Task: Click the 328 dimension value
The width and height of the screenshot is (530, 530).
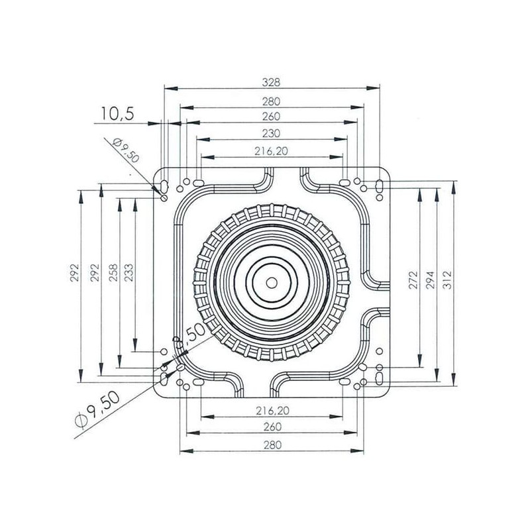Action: pyautogui.click(x=271, y=82)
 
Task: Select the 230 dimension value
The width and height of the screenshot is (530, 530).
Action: pyautogui.click(x=271, y=133)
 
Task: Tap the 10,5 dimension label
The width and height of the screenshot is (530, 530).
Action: pyautogui.click(x=118, y=114)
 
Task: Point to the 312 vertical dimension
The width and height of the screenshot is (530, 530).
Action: pyautogui.click(x=447, y=280)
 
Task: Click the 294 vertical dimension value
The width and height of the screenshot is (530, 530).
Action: pyautogui.click(x=430, y=280)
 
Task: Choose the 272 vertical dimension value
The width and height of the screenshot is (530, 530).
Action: pyautogui.click(x=413, y=280)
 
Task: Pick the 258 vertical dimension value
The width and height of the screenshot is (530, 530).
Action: pyautogui.click(x=113, y=272)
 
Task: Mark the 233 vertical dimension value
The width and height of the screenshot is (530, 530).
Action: pyautogui.click(x=129, y=272)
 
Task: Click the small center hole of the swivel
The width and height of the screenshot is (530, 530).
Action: pyautogui.click(x=272, y=283)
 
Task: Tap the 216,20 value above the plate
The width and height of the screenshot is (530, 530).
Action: pyautogui.click(x=271, y=151)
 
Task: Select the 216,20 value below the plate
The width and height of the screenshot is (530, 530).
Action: pyautogui.click(x=272, y=411)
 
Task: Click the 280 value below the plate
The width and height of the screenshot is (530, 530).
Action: pyautogui.click(x=272, y=445)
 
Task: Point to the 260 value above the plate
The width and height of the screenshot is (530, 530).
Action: pyautogui.click(x=271, y=117)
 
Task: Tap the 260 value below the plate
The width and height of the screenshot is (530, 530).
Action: pyautogui.click(x=272, y=427)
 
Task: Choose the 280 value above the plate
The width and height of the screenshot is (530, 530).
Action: pyautogui.click(x=271, y=101)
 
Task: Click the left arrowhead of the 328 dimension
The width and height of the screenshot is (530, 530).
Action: pyautogui.click(x=171, y=88)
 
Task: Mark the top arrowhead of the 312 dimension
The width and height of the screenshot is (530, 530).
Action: pyautogui.click(x=454, y=187)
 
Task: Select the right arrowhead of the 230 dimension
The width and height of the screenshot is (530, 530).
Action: pyautogui.click(x=341, y=139)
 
